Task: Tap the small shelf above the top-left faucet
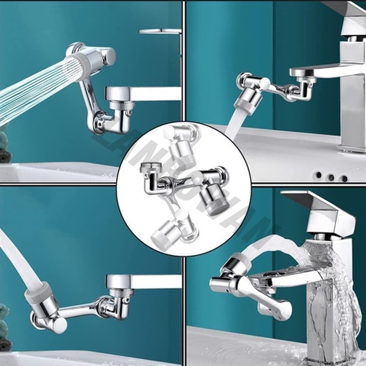(160, 32)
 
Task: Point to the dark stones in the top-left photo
(5, 146)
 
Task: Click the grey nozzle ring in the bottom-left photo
(41, 293)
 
